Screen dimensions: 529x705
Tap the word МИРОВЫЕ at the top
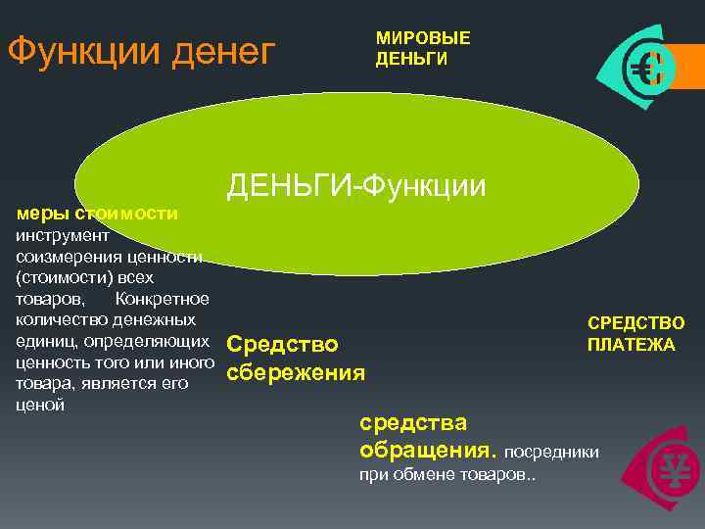tap(423, 38)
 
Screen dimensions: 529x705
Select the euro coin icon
tap(647, 70)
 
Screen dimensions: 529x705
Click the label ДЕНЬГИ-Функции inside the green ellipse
tap(356, 184)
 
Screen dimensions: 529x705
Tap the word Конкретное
tap(162, 299)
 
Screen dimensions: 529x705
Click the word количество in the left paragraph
tap(55, 320)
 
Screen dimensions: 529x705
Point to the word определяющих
tap(146, 342)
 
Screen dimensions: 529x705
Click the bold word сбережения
tap(296, 373)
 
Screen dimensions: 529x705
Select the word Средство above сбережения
tap(282, 345)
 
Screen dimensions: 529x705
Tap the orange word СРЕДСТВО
tap(635, 323)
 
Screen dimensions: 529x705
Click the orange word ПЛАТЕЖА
tap(631, 345)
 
